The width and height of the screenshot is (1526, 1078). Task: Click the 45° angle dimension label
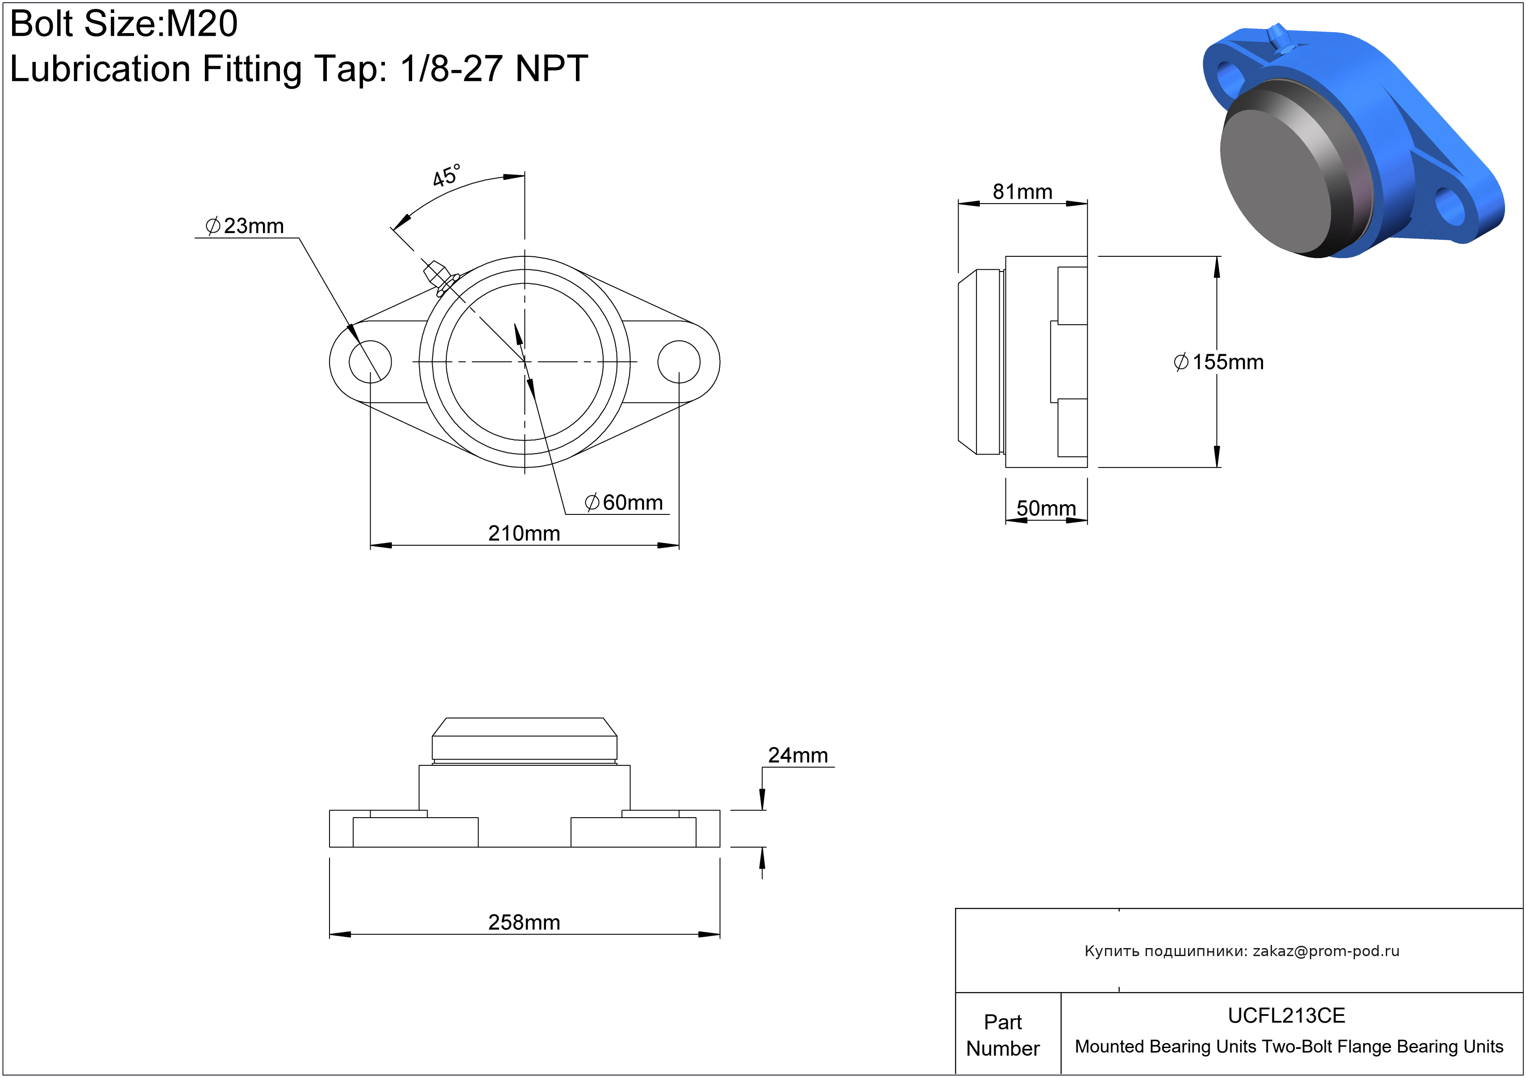pyautogui.click(x=446, y=175)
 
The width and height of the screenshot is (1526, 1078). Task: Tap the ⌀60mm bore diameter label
pyautogui.click(x=623, y=502)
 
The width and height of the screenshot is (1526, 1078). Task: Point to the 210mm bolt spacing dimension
pyautogui.click(x=524, y=533)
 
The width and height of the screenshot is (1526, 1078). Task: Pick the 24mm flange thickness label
pyautogui.click(x=797, y=755)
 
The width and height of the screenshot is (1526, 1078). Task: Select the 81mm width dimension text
pyautogui.click(x=1022, y=192)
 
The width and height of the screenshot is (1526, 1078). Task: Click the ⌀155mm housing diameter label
pyautogui.click(x=1218, y=362)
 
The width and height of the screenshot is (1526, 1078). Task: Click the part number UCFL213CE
pyautogui.click(x=1286, y=1015)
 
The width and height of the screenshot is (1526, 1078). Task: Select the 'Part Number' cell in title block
pyautogui.click(x=1002, y=1035)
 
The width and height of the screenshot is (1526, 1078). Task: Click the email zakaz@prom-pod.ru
pyautogui.click(x=1326, y=951)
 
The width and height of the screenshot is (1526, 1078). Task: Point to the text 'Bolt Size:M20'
pyautogui.click(x=124, y=24)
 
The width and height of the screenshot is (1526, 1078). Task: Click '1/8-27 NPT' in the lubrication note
pyautogui.click(x=493, y=68)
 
